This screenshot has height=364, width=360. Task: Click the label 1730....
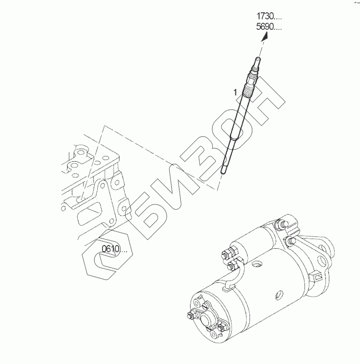(x=269, y=16)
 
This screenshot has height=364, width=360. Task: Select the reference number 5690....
(x=269, y=27)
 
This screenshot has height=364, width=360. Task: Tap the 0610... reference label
(x=114, y=249)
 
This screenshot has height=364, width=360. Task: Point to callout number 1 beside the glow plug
(x=235, y=92)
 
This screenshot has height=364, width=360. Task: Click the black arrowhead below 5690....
(x=265, y=37)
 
